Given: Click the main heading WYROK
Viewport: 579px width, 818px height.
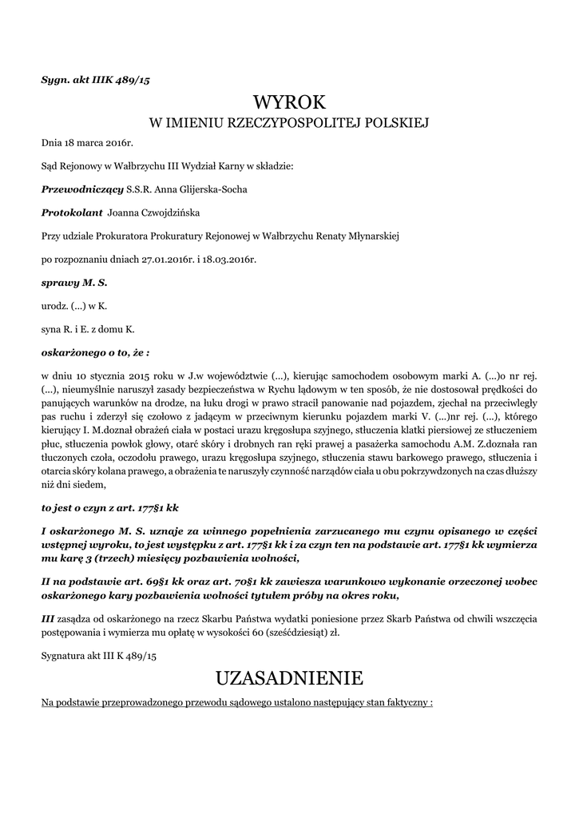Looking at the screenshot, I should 290,102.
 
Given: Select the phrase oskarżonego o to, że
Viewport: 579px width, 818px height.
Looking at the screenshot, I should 93,351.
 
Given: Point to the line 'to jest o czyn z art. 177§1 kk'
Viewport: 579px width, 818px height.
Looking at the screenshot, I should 109,506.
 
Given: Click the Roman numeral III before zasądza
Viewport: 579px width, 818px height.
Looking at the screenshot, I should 49,619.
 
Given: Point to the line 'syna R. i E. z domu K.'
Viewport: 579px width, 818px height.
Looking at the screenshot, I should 88,328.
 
